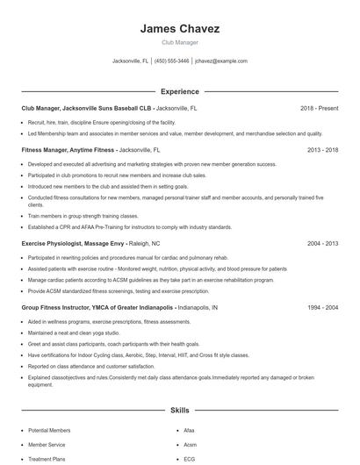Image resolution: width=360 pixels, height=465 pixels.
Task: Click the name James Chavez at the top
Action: [179, 29]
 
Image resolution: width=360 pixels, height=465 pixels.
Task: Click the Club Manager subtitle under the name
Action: [179, 42]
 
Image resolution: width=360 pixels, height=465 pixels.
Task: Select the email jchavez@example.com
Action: [220, 61]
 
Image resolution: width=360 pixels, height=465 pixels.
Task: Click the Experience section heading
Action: [179, 91]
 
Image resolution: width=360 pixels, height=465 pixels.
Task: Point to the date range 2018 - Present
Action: [319, 108]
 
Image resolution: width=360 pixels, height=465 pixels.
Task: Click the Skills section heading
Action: [179, 410]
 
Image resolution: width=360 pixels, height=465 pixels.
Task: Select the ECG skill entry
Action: [189, 458]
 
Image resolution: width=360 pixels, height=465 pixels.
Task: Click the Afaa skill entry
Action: [189, 431]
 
